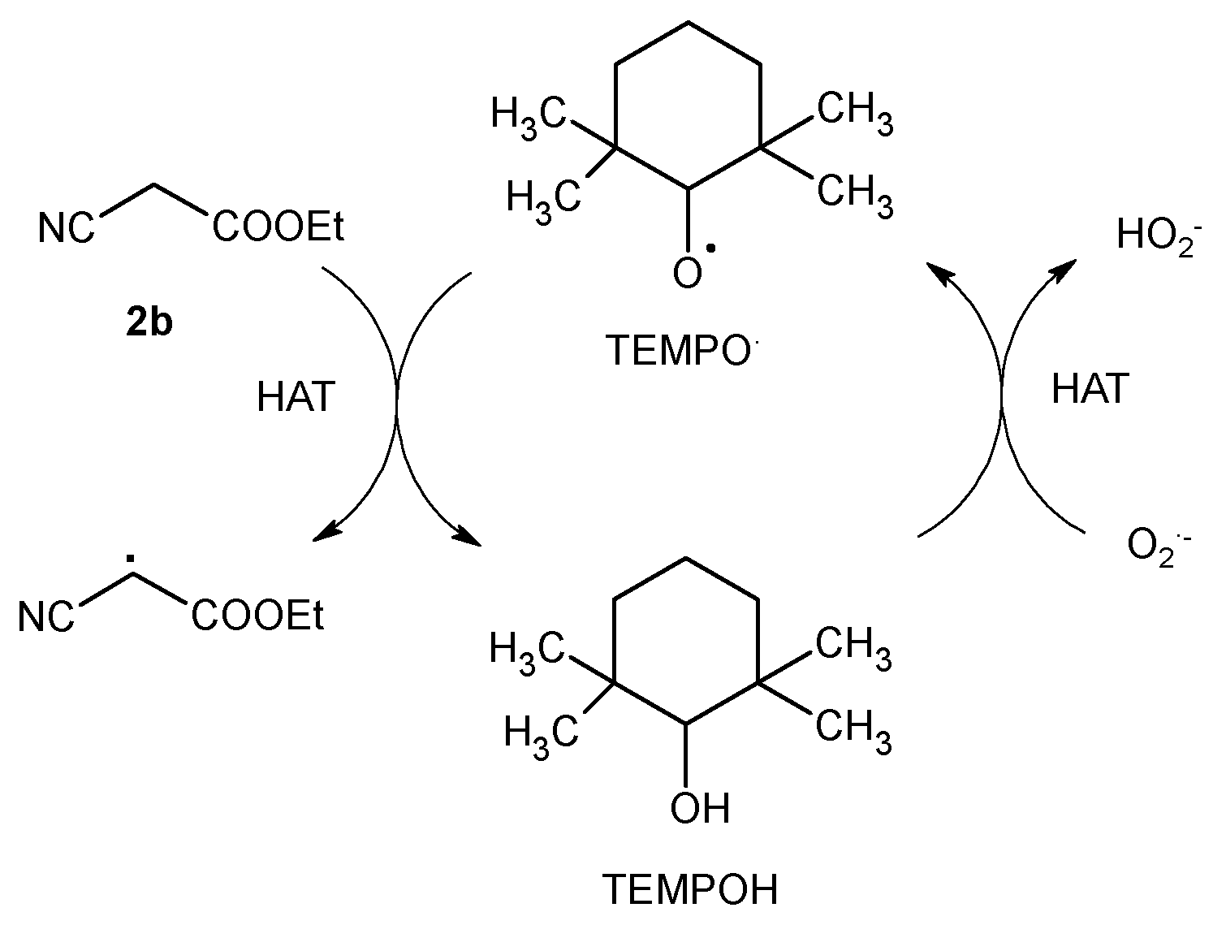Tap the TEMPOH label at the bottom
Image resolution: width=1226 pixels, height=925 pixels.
(689, 889)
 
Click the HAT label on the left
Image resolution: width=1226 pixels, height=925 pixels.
(296, 398)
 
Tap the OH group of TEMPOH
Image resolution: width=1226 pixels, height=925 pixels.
(699, 808)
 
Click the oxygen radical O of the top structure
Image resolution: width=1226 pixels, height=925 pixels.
(687, 274)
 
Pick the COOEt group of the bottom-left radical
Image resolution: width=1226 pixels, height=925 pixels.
(258, 617)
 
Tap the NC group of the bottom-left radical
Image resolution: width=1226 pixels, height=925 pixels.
(46, 618)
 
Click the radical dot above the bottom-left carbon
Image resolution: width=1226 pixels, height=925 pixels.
(130, 559)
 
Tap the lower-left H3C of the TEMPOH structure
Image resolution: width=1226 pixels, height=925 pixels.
(542, 732)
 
